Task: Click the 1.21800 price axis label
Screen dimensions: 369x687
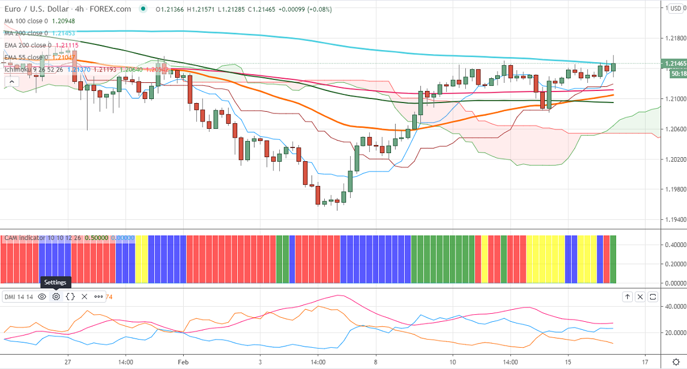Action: tap(673, 38)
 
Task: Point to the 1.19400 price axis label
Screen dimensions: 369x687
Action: tap(673, 219)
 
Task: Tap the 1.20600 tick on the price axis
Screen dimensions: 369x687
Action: tap(673, 129)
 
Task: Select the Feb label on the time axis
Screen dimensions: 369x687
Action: tap(183, 363)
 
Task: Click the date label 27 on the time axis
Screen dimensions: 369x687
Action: tap(68, 363)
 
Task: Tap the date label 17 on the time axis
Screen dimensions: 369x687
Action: tap(646, 363)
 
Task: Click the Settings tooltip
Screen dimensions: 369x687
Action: tap(56, 282)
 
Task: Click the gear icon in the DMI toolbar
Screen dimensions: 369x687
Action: tap(56, 296)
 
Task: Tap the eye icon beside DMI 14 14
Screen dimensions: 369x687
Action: tap(41, 296)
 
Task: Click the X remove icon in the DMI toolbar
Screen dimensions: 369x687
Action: tap(84, 296)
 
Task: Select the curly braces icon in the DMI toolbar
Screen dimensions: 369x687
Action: tap(70, 296)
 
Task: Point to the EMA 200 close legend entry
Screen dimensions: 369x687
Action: tap(28, 45)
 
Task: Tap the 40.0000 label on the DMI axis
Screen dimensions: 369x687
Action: tap(673, 307)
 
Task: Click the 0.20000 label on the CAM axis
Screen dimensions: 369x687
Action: tap(673, 264)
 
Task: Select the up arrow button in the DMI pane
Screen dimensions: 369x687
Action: tap(627, 296)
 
